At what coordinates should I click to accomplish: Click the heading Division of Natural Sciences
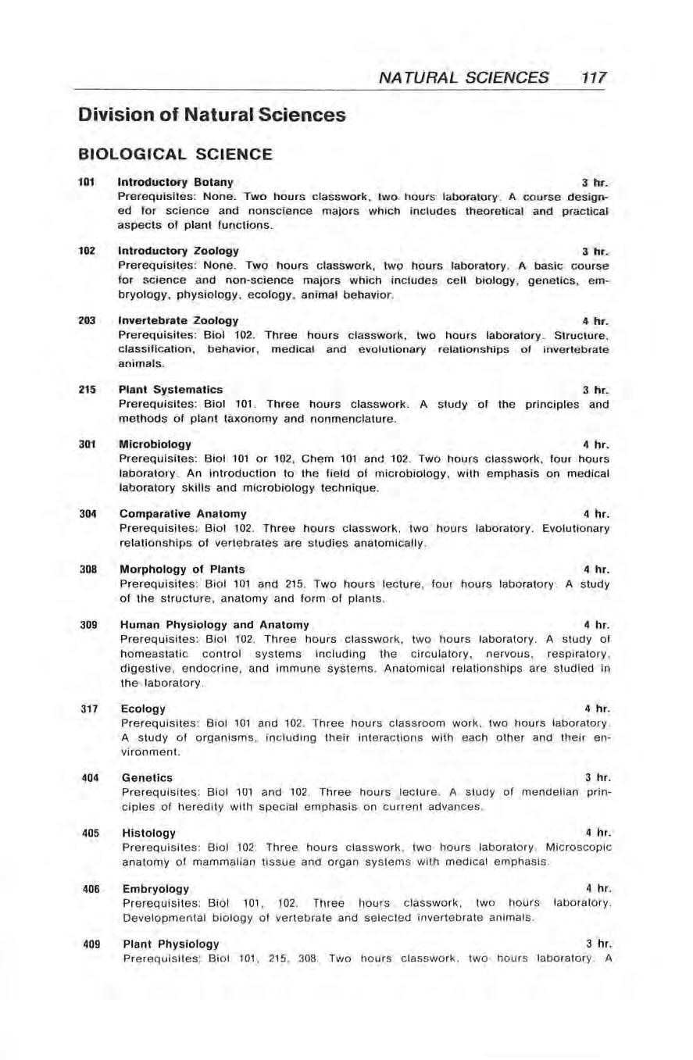click(211, 116)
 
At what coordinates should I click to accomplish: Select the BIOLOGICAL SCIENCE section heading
click(174, 155)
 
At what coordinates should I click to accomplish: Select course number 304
click(86, 513)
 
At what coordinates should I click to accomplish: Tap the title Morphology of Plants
click(181, 569)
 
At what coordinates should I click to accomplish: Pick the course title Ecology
click(144, 708)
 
